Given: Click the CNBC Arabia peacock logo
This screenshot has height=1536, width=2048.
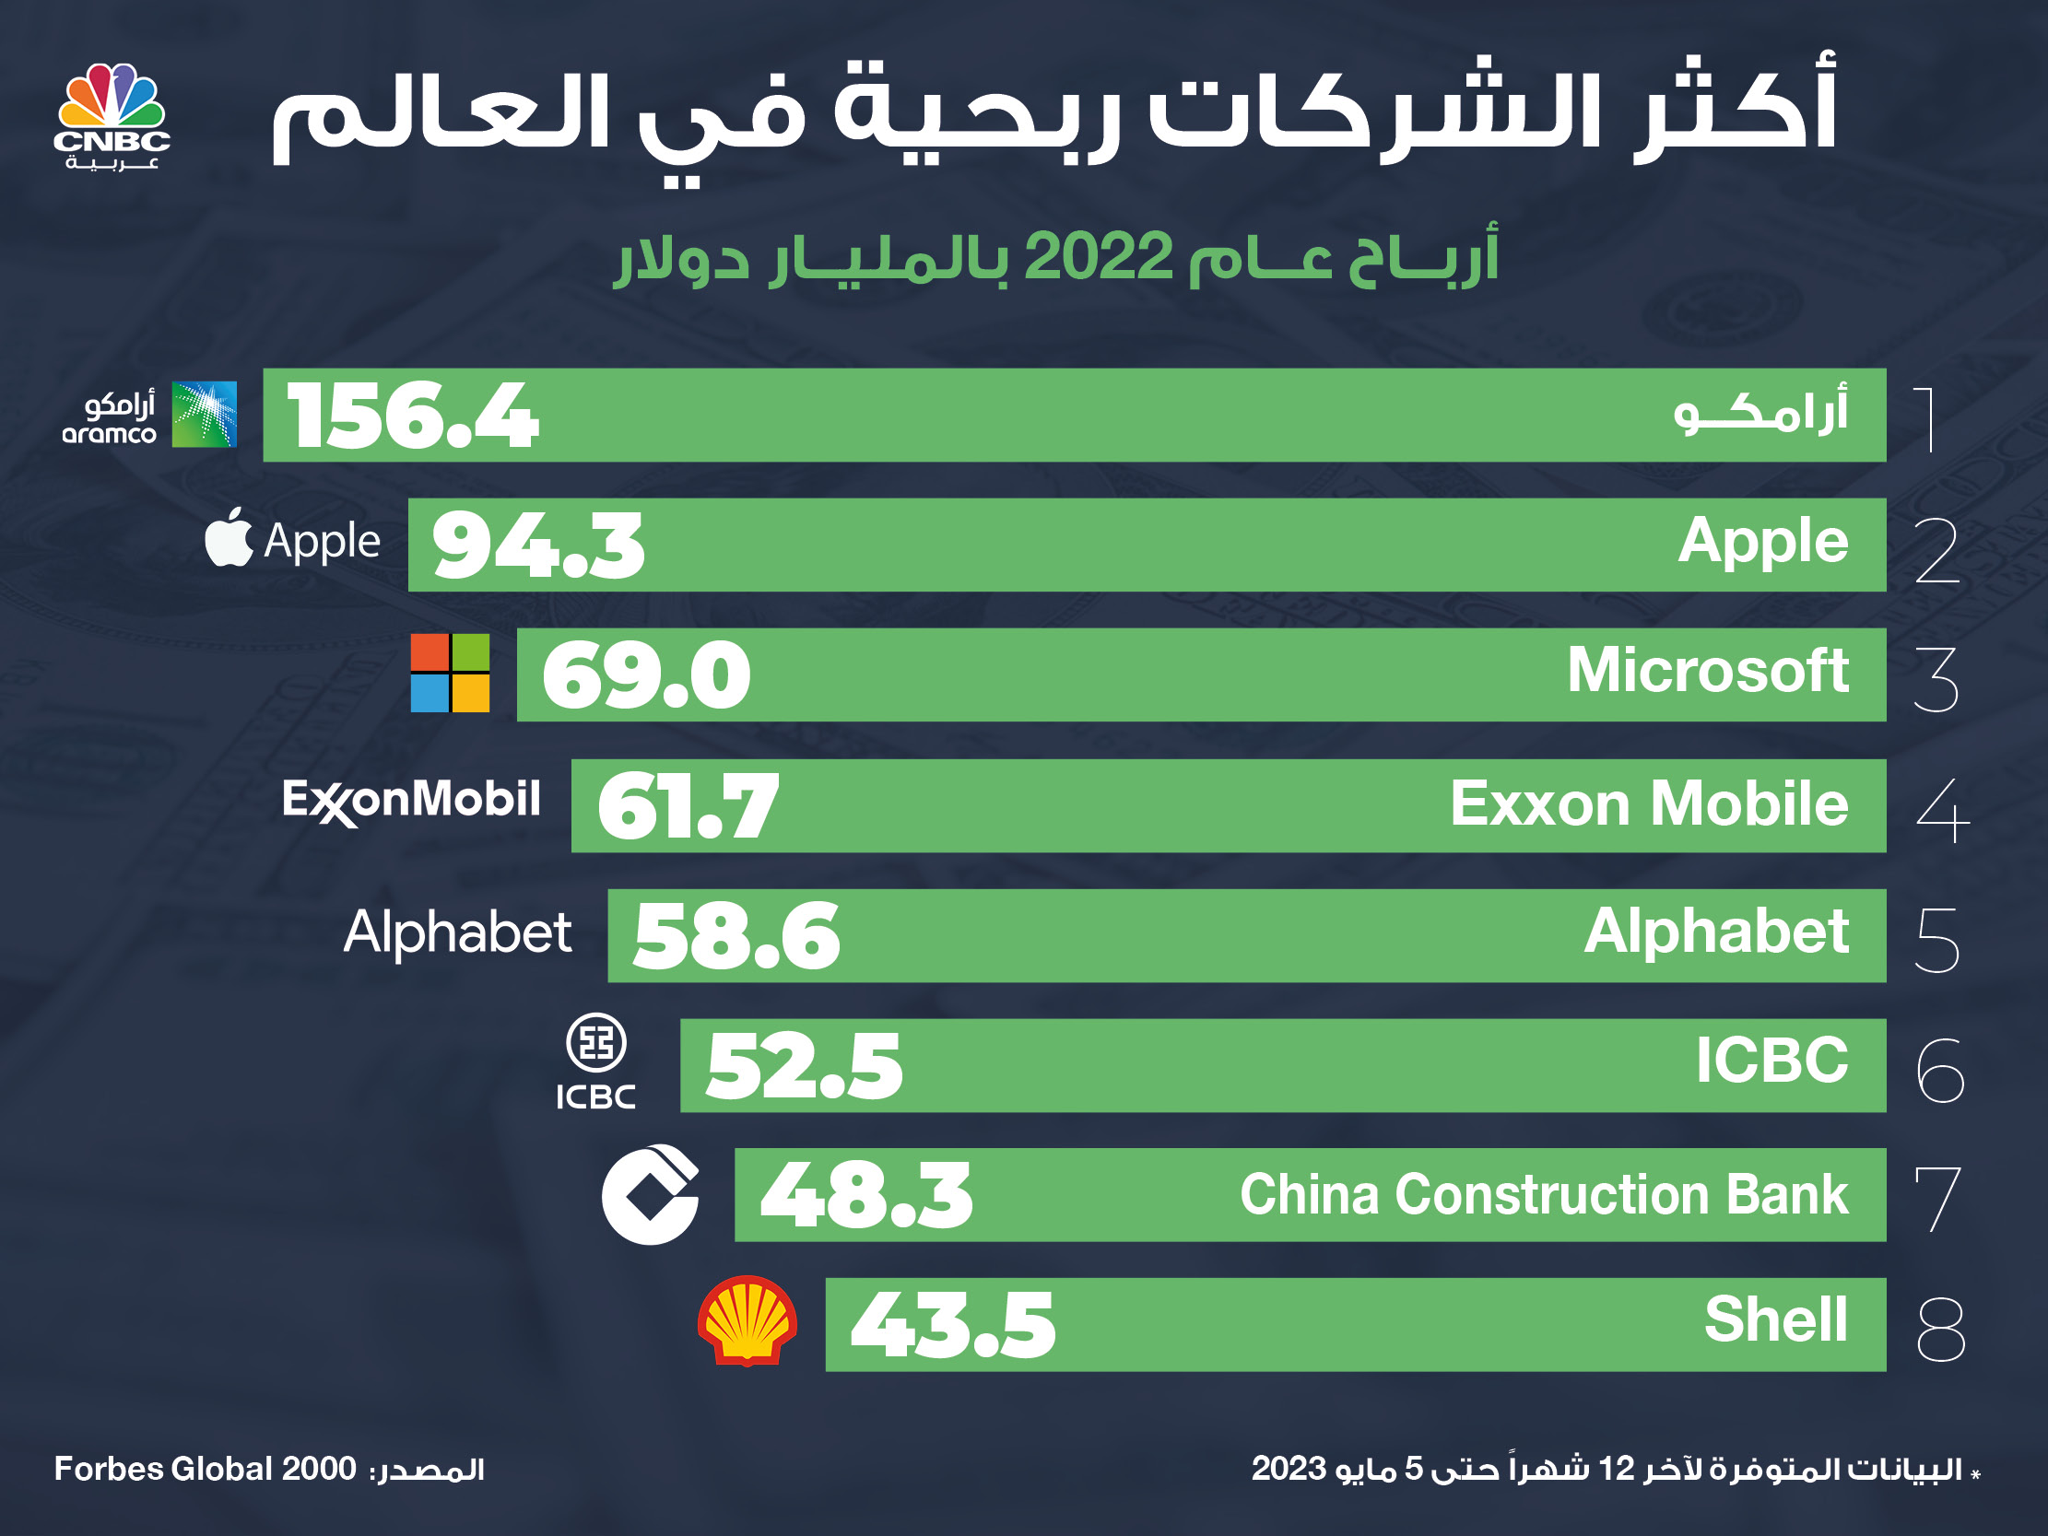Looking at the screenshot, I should [112, 114].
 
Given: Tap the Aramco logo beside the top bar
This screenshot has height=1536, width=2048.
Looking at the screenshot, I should [150, 415].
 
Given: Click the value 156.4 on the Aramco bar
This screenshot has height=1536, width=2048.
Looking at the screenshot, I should [413, 416].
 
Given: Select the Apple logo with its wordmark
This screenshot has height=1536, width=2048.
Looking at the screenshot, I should [292, 540].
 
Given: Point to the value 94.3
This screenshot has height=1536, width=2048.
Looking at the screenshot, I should [538, 546].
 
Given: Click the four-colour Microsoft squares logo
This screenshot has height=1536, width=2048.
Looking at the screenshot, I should [450, 674].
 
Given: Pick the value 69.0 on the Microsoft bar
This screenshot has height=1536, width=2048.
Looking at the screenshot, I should [646, 676].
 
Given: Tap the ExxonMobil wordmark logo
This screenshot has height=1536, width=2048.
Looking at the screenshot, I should [411, 800].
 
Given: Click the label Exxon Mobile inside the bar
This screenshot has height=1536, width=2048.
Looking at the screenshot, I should [1649, 803].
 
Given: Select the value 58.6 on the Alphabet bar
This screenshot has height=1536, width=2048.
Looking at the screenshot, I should [737, 936].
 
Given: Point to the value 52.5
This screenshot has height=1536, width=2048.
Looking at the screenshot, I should [804, 1067].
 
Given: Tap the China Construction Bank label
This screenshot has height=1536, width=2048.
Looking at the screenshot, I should [1544, 1194].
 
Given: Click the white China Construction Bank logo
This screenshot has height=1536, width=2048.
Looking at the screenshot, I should [650, 1194].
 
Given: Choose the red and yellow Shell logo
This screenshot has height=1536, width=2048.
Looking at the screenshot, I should [747, 1321].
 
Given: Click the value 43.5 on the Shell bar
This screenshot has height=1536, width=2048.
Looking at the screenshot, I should [953, 1326].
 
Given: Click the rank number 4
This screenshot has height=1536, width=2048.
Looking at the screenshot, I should [1941, 809].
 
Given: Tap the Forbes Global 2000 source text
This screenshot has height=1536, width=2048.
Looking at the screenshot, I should [205, 1470].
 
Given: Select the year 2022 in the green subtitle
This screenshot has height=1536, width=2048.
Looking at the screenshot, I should [1099, 257].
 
